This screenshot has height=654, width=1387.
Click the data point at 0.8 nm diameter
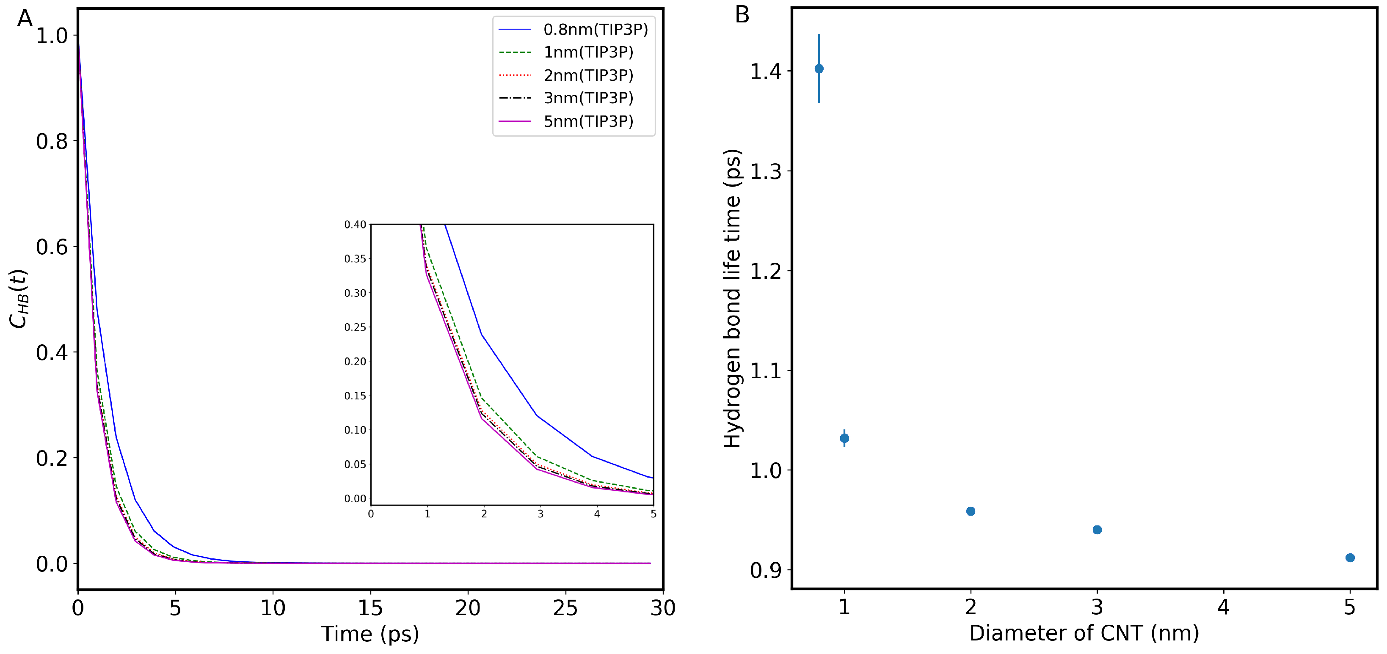click(x=819, y=69)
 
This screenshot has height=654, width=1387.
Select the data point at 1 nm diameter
click(x=844, y=438)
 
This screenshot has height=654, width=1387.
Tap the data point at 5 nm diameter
click(x=1350, y=558)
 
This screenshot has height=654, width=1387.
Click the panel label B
click(x=742, y=15)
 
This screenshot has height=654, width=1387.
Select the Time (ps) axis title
click(x=370, y=634)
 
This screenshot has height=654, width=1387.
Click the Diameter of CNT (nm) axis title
click(x=1084, y=633)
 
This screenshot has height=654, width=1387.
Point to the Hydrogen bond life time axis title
click(x=732, y=298)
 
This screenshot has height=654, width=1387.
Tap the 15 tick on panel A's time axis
click(x=370, y=608)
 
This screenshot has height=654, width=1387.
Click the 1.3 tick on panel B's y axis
click(x=765, y=171)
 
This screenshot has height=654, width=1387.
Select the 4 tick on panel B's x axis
click(x=1223, y=607)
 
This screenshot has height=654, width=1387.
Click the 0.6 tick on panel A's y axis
click(x=52, y=247)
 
